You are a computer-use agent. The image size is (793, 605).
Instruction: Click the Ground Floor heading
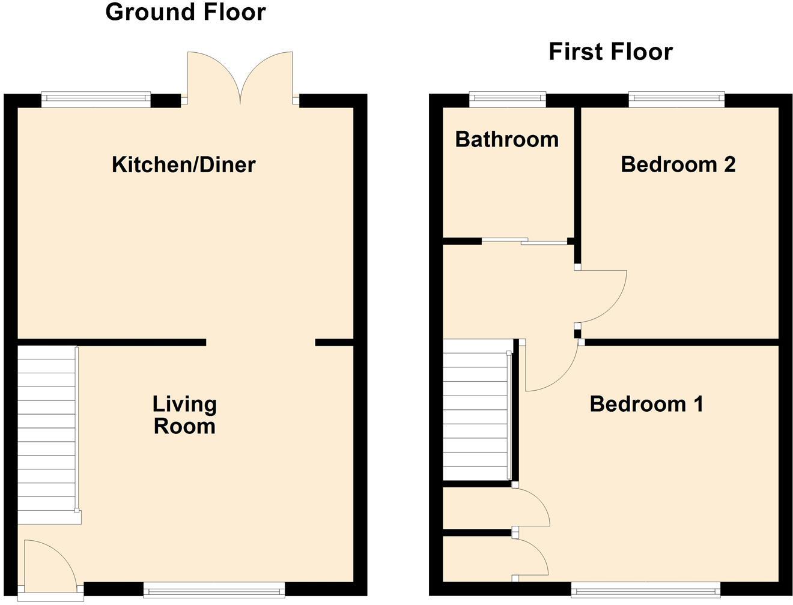[x=185, y=12]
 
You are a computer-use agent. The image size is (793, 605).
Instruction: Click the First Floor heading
[x=610, y=52]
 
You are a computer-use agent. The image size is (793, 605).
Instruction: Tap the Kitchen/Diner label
[x=184, y=164]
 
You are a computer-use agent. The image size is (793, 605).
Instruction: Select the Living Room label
[x=184, y=415]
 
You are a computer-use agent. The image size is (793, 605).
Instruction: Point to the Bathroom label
[x=507, y=139]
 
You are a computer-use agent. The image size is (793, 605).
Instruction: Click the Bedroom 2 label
[x=678, y=164]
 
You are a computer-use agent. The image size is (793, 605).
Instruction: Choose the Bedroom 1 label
[x=646, y=404]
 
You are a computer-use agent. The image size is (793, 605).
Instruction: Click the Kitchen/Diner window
[x=96, y=99]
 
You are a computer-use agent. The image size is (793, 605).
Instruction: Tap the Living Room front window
[x=214, y=591]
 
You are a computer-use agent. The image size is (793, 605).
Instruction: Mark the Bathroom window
[x=508, y=99]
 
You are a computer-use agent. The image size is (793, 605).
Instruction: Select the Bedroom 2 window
[x=677, y=99]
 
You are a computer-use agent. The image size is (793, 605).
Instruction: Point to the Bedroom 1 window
[x=646, y=591]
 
